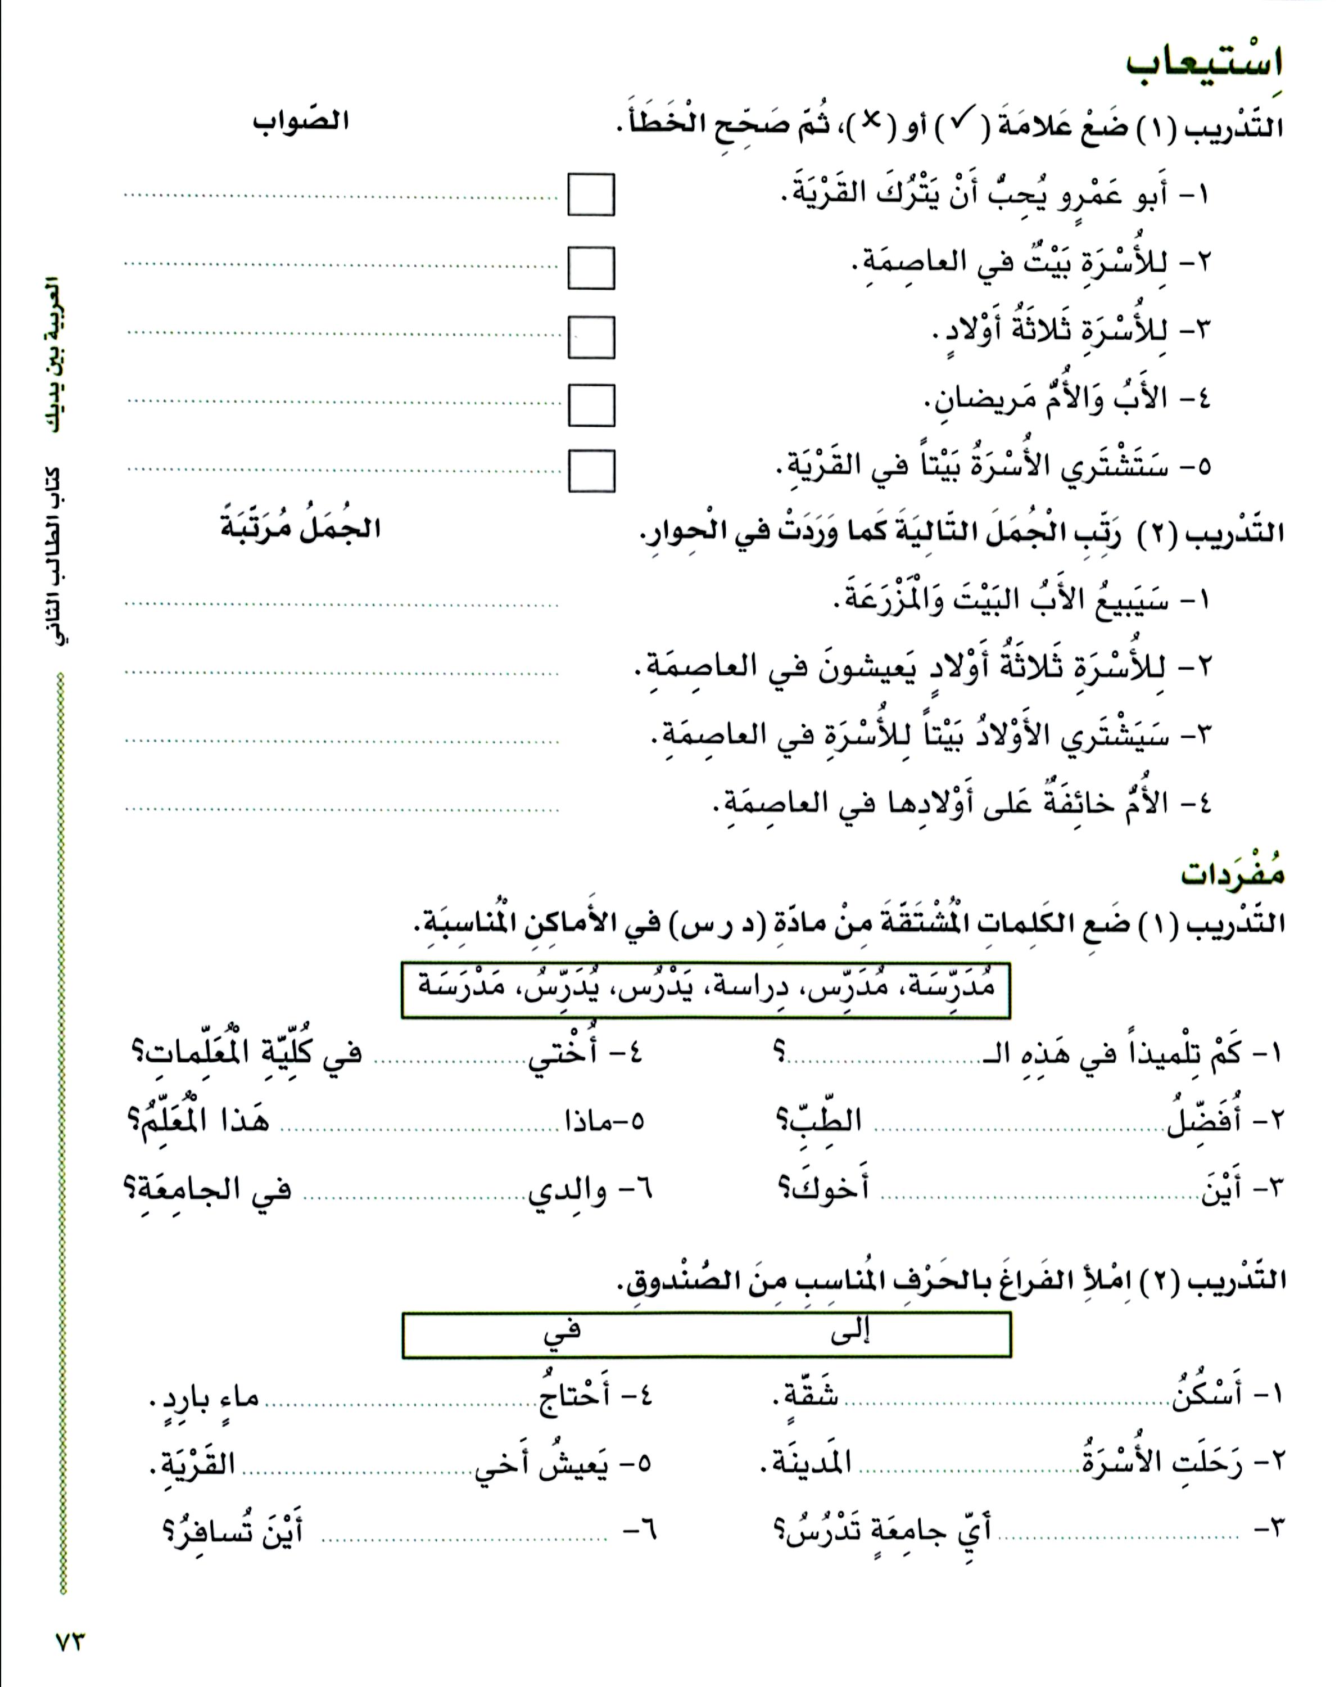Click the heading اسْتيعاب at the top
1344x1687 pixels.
tap(1204, 62)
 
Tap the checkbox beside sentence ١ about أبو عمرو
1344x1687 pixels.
tap(591, 195)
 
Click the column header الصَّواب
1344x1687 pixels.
tap(301, 122)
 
